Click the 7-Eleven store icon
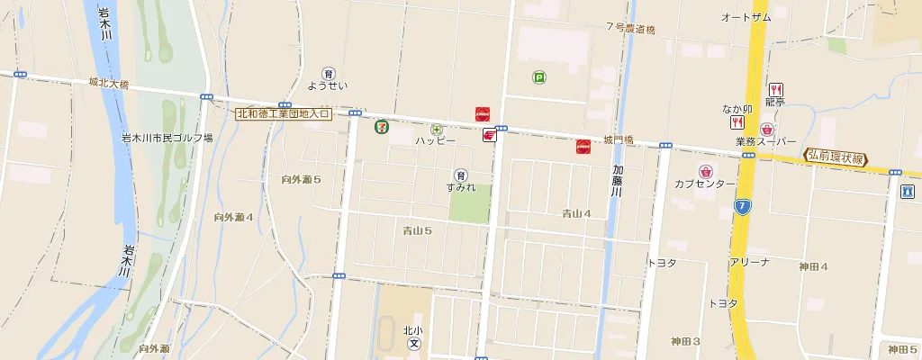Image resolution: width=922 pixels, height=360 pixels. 382,126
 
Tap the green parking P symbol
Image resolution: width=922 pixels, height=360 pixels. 538,78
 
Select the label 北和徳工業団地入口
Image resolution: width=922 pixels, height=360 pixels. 284,114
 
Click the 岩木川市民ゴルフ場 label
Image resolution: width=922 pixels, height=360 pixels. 167,139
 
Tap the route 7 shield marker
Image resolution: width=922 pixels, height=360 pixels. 741,207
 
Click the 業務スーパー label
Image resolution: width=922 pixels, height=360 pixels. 766,142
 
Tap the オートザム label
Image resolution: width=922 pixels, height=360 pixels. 746,18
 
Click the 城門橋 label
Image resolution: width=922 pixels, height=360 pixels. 619,139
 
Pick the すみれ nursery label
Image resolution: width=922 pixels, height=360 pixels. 460,187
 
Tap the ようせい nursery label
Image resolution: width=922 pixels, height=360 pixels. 328,86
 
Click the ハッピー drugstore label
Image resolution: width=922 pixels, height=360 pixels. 436,141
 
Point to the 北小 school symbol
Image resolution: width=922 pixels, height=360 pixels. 414,344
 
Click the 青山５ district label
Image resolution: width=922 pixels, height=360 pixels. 417,231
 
